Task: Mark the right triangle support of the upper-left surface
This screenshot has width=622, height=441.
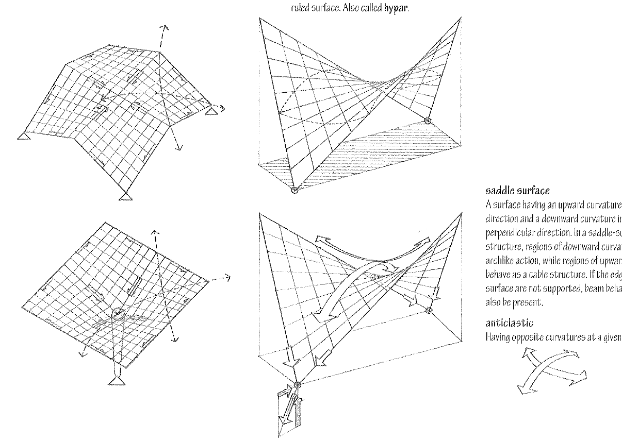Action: (210, 111)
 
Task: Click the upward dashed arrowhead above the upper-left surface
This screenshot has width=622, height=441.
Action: (164, 26)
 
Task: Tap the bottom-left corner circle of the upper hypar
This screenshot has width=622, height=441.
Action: (294, 190)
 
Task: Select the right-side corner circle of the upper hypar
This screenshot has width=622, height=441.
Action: (427, 121)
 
